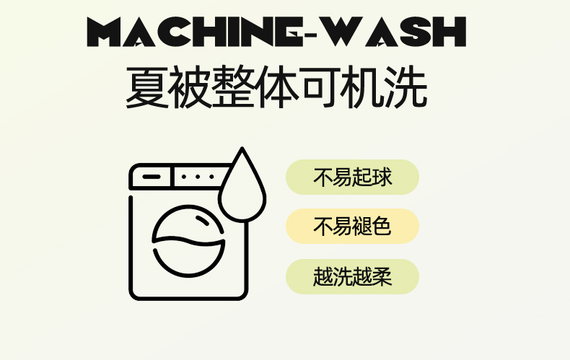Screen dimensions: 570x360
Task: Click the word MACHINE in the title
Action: tap(195, 32)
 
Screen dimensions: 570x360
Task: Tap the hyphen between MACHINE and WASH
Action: tap(310, 35)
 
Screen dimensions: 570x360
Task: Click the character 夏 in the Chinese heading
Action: tap(147, 87)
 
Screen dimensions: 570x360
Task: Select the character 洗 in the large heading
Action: tap(406, 87)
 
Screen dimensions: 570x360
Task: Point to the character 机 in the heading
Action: tap(363, 87)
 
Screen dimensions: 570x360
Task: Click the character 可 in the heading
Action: tap(320, 87)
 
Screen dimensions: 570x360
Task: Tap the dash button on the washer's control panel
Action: tap(152, 177)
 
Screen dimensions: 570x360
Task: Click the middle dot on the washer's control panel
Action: tap(198, 177)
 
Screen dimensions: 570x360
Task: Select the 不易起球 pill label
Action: tap(352, 177)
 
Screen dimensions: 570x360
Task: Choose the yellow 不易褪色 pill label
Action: tap(352, 227)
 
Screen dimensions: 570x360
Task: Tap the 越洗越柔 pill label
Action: tap(352, 276)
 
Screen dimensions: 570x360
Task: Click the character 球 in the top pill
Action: tap(382, 177)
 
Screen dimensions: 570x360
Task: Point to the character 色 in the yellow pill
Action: tap(382, 227)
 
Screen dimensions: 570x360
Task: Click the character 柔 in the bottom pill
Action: tap(382, 276)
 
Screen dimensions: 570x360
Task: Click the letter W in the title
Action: tap(339, 32)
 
